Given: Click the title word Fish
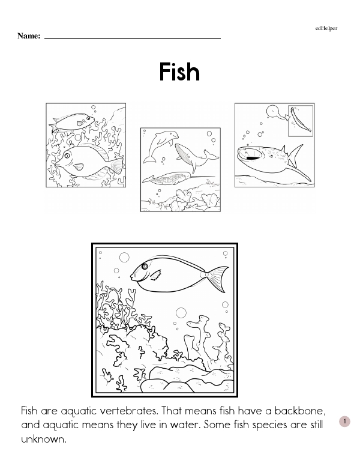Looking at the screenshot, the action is coord(179,71).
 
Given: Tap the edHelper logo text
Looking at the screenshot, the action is coord(326,28).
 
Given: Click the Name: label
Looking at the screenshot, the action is coord(29,36).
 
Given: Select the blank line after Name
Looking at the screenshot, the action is coord(133,38).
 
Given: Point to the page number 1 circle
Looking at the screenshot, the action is coord(344,421).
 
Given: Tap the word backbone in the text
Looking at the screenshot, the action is coord(300,411).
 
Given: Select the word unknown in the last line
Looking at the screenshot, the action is coord(43,439).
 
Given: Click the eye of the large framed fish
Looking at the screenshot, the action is coord(145,266).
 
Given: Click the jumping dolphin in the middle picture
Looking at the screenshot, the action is coord(160,146).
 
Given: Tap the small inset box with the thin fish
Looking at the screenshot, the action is coord(301,121).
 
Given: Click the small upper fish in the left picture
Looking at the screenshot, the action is coord(72,122).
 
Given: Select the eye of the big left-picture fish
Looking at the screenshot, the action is coord(67,155).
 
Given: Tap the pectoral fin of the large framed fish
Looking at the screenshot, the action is coord(155,275).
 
